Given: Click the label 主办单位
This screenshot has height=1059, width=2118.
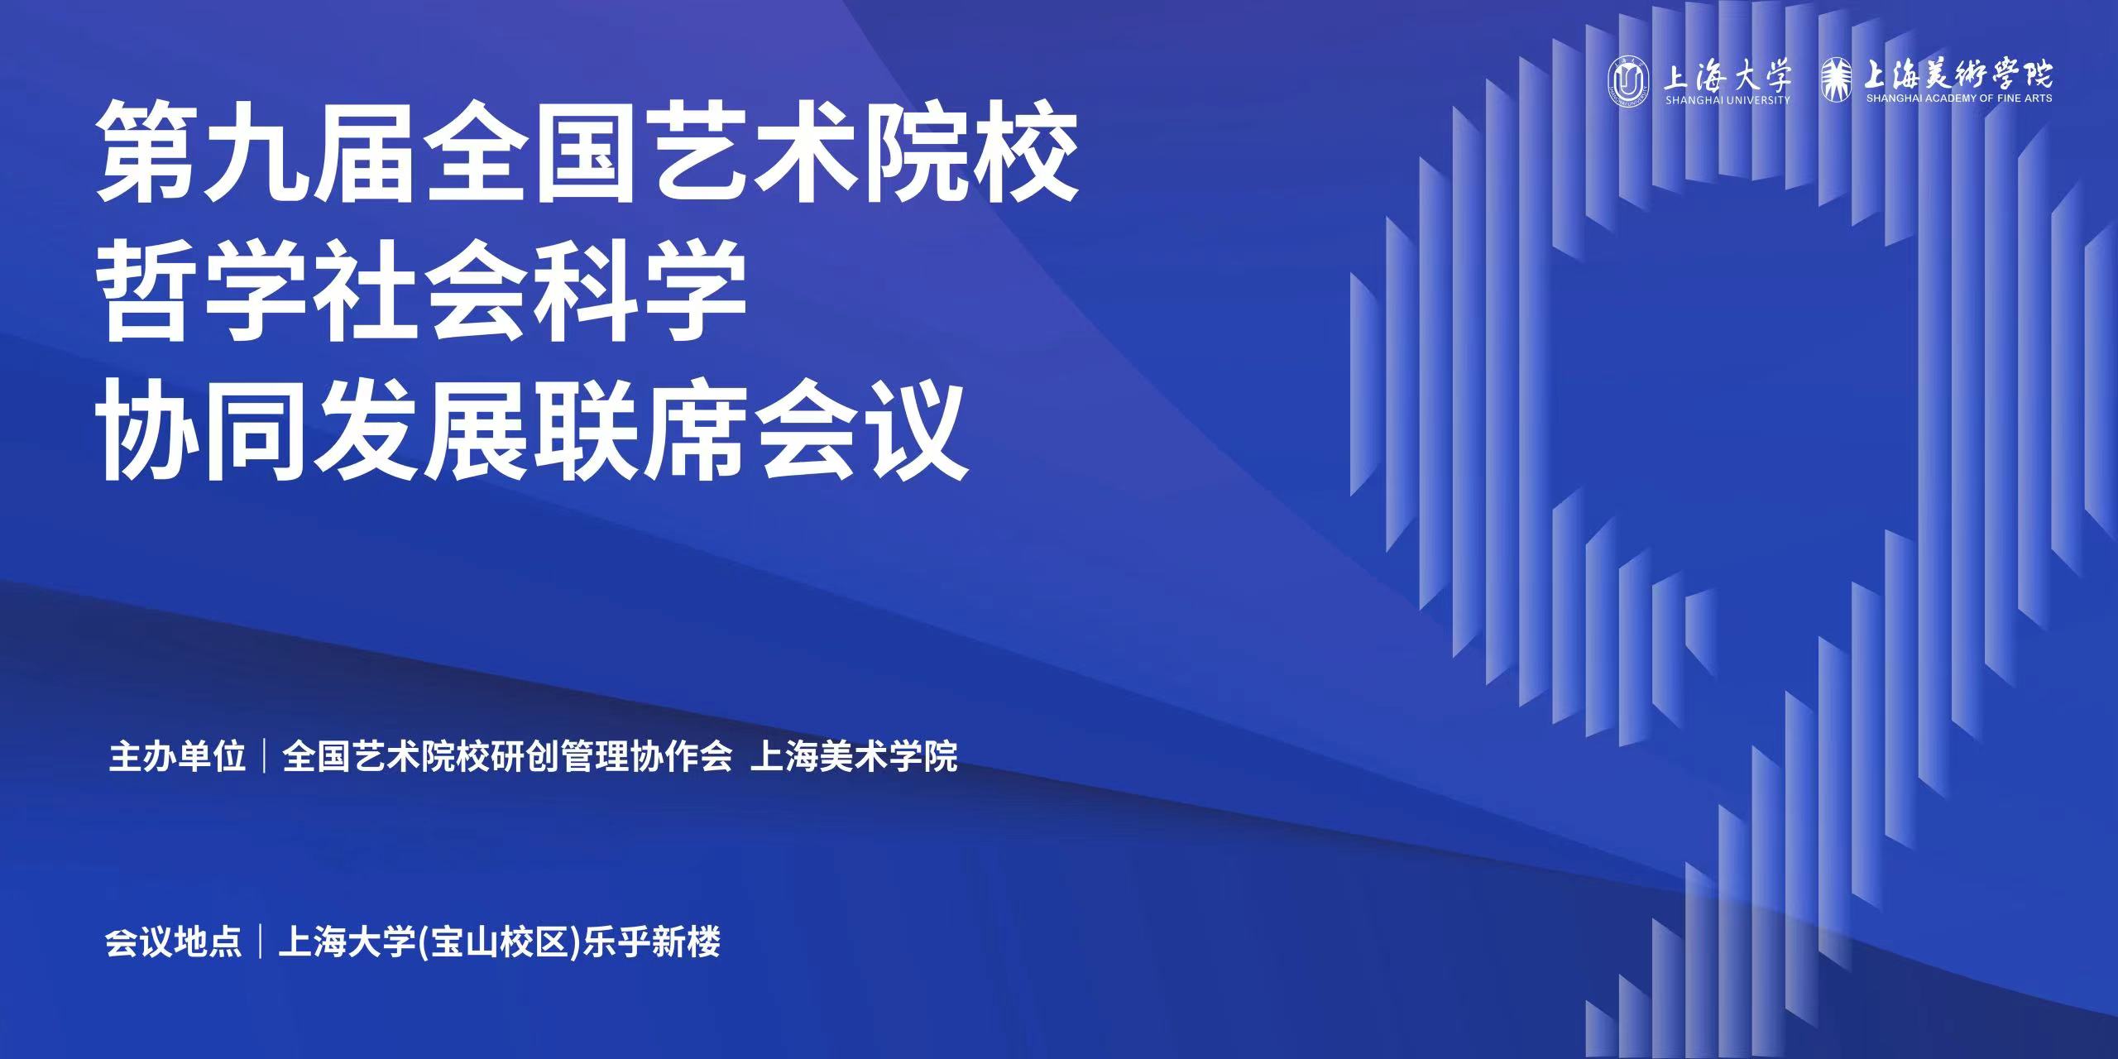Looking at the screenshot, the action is click(178, 756).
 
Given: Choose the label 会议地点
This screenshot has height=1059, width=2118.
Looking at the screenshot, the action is click(174, 942).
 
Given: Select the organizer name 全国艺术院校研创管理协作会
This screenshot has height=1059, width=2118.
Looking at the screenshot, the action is click(508, 756).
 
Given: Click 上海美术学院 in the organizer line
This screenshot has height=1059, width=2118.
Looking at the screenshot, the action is click(854, 756).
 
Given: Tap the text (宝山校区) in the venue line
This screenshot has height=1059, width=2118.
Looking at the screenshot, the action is click(501, 942).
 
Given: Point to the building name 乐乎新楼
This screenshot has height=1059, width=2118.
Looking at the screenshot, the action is click(652, 942).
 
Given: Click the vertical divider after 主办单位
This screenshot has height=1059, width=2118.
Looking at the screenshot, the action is click(265, 756).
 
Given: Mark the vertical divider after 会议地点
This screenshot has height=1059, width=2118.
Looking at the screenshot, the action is click(261, 942).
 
